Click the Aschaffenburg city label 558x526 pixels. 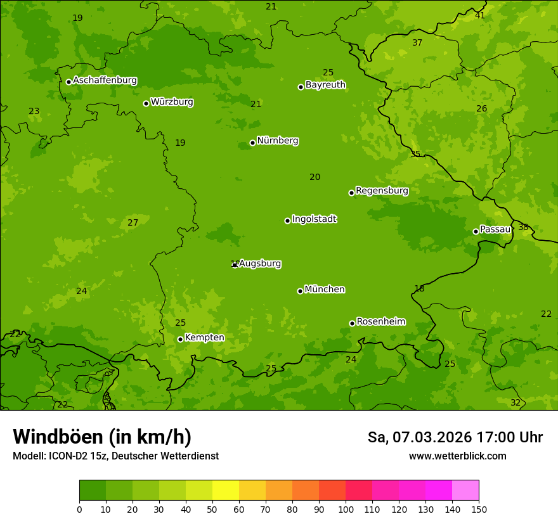105,80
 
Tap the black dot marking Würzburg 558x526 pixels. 146,103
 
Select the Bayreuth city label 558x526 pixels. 325,85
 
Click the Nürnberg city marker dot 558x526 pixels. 252,143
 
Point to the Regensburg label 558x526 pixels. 382,191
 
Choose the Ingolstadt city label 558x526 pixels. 314,219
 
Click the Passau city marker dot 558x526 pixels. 476,231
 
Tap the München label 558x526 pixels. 325,290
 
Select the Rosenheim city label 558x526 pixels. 380,322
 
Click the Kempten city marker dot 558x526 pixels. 180,339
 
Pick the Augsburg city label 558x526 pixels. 260,264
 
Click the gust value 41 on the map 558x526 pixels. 480,15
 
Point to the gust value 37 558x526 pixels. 417,43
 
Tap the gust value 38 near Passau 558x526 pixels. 523,228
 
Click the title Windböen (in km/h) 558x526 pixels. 102,437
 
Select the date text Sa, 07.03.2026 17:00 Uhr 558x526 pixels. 455,437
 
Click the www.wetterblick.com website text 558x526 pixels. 457,456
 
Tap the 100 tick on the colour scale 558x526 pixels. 346,509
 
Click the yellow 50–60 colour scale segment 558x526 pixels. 226,491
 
